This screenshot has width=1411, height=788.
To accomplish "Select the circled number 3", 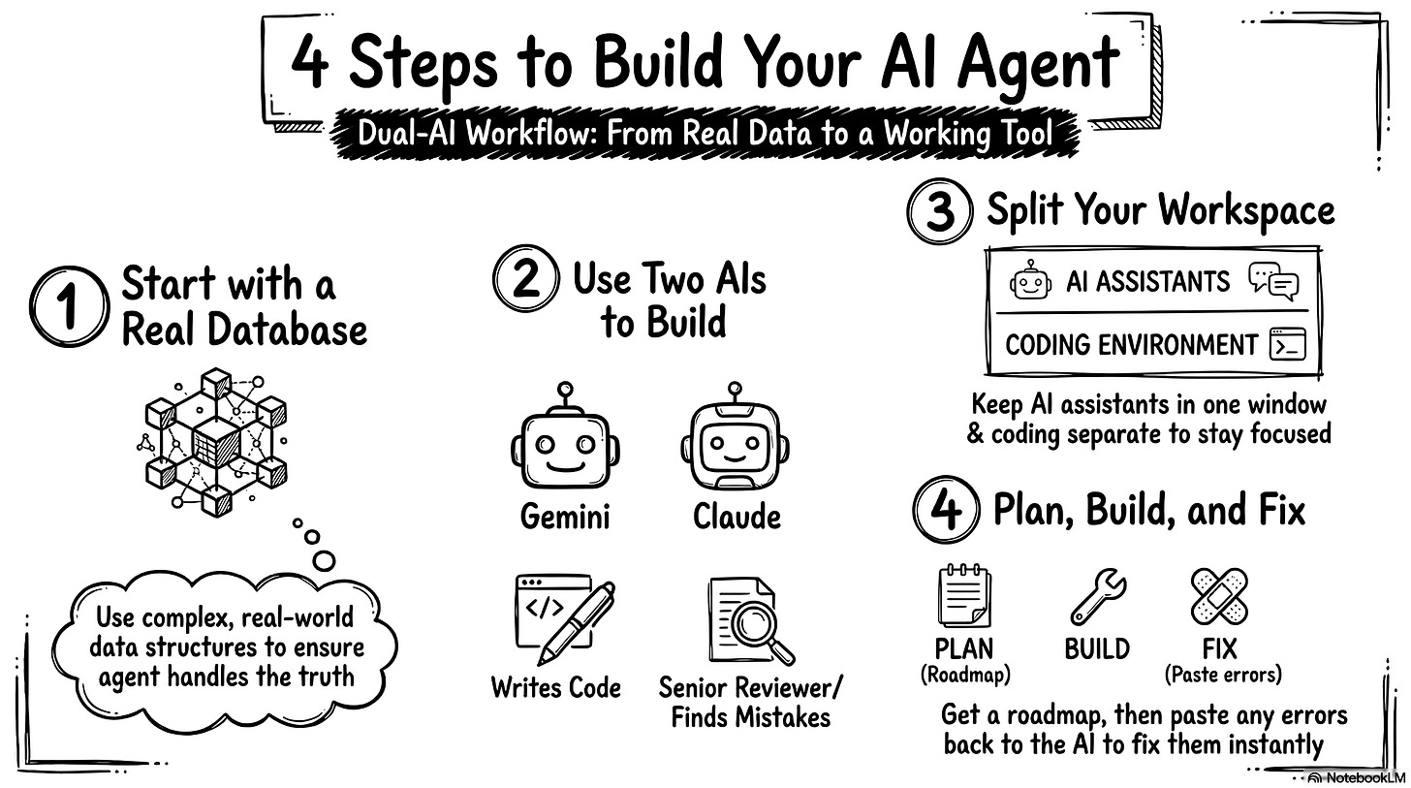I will click(940, 212).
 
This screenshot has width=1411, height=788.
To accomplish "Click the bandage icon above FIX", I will click(1218, 596).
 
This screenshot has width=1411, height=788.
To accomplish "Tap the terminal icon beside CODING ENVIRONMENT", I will click(1287, 344).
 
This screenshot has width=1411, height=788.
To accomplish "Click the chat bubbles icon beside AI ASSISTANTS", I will click(1273, 281).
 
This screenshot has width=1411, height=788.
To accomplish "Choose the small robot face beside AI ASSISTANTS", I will click(1030, 281).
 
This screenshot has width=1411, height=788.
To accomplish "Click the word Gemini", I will click(565, 516).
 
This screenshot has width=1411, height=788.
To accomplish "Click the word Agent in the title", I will click(1036, 65).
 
